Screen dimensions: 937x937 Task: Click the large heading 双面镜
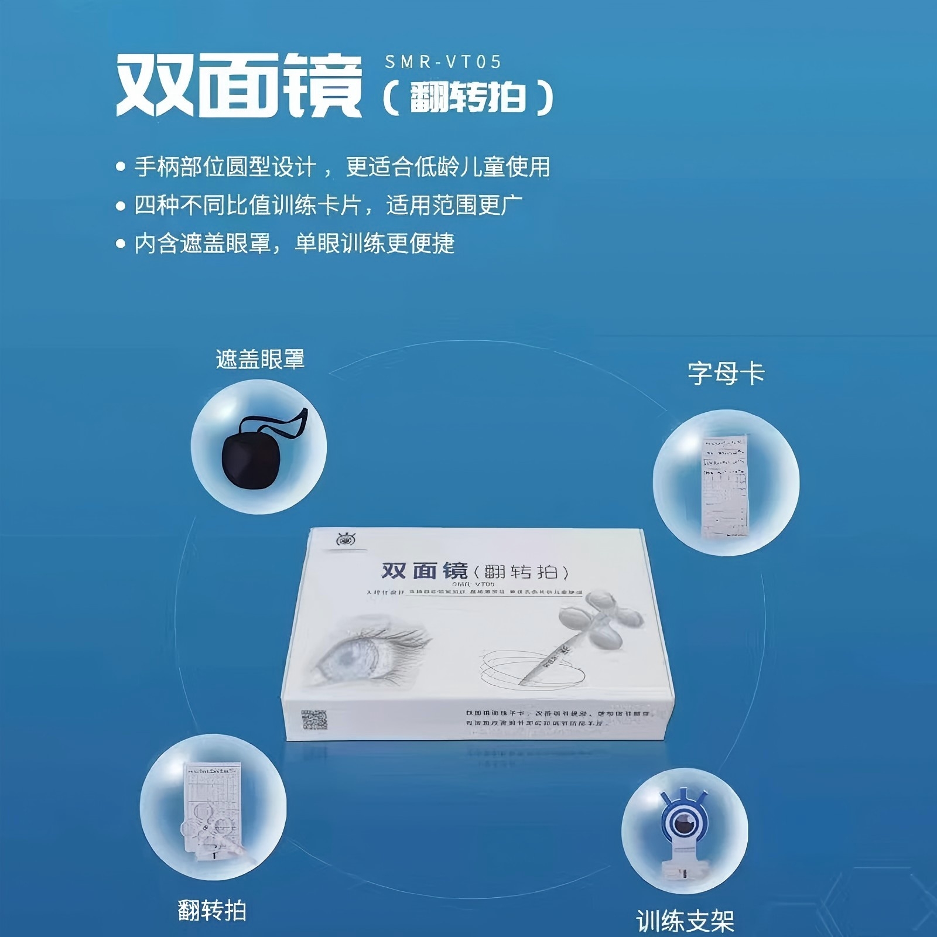239,87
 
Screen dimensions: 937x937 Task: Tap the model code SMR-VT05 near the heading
443,62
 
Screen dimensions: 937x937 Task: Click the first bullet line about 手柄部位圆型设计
342,167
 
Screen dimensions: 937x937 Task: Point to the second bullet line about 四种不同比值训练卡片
328,205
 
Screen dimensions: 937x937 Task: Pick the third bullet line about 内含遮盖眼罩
294,244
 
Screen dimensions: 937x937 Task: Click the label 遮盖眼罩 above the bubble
260,359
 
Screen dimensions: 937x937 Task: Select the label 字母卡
726,373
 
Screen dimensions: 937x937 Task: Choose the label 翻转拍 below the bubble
212,911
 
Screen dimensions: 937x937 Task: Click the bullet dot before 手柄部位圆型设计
121,167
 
